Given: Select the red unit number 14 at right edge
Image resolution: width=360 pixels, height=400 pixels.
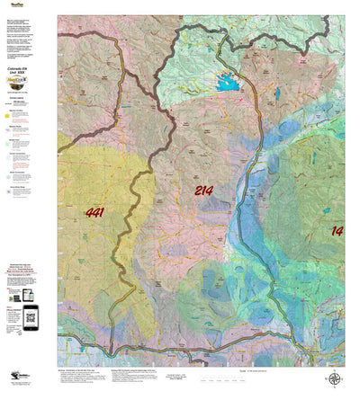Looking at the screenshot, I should point(337,231).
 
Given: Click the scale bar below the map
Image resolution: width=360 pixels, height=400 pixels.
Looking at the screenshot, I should point(270,372).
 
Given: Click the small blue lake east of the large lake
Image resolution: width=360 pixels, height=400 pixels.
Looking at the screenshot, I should point(278,93).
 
